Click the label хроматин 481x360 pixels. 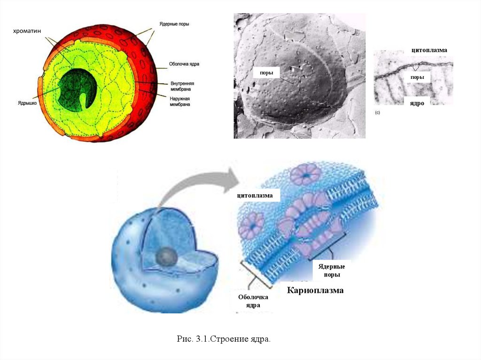click(x=28, y=31)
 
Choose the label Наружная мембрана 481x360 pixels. click(x=180, y=101)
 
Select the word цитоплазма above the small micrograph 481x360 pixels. click(x=429, y=50)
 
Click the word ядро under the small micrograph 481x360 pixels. click(x=417, y=102)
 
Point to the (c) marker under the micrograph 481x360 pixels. click(x=377, y=113)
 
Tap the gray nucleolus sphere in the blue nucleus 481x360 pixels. click(x=166, y=256)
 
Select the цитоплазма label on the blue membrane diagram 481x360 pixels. click(x=255, y=195)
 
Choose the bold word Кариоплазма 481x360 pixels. click(x=315, y=291)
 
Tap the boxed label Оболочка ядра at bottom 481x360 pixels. click(x=253, y=301)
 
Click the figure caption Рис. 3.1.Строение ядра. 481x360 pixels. click(x=224, y=338)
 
